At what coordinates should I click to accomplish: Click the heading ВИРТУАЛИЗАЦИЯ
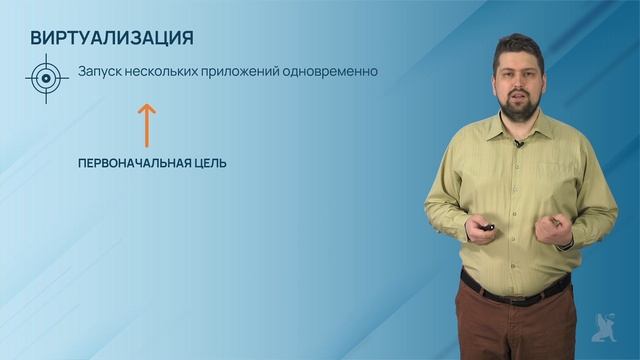pos(112,38)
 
